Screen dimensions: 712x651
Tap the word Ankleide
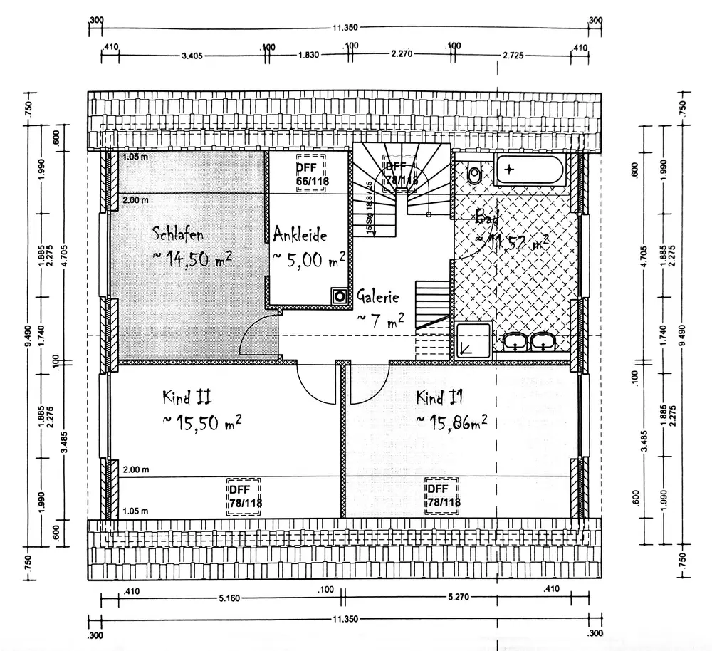tap(300, 233)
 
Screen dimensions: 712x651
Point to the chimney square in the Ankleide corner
tap(339, 295)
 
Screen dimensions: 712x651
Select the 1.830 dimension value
tap(308, 55)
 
